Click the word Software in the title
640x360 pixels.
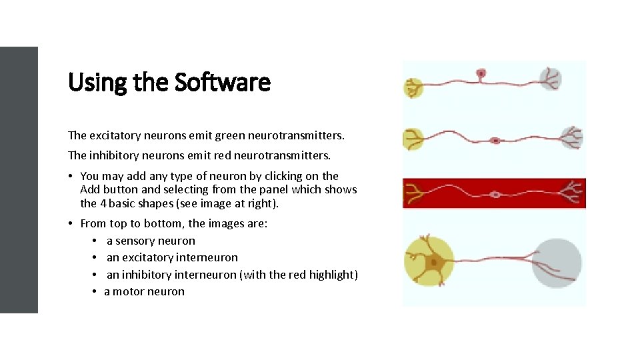pyautogui.click(x=222, y=83)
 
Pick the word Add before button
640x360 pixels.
pyautogui.click(x=90, y=189)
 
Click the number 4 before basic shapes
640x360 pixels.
pyautogui.click(x=103, y=203)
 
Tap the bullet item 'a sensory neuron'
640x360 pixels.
pyautogui.click(x=151, y=241)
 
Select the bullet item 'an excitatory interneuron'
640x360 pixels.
pyautogui.click(x=172, y=257)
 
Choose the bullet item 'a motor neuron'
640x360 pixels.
pyautogui.click(x=145, y=291)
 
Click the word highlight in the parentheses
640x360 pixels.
pyautogui.click(x=331, y=274)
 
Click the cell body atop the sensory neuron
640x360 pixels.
pyautogui.click(x=481, y=73)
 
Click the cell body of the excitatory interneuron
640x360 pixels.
pyautogui.click(x=495, y=141)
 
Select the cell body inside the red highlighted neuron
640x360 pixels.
pyautogui.click(x=495, y=195)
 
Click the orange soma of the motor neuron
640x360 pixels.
pyautogui.click(x=435, y=262)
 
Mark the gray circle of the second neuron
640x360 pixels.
pyautogui.click(x=572, y=137)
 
